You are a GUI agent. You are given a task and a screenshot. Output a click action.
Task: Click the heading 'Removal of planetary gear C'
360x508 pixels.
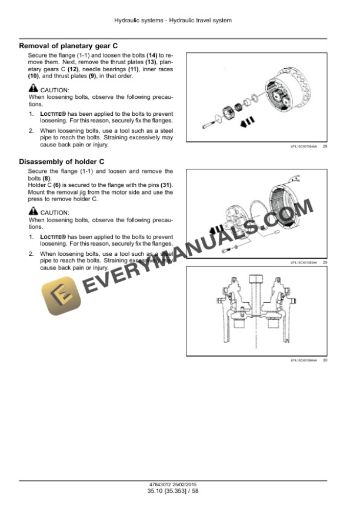tap(68, 45)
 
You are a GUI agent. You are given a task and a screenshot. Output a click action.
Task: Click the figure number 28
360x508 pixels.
tap(325, 146)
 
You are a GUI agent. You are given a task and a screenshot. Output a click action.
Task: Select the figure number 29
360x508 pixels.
tap(325, 262)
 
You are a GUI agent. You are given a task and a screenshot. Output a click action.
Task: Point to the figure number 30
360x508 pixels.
tap(325, 360)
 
